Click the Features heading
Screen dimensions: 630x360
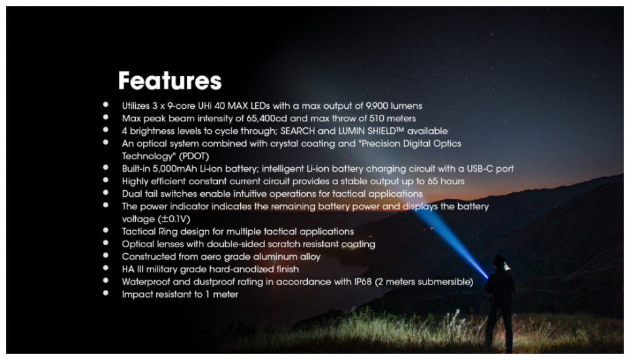169,81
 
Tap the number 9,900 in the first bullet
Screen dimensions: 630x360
377,106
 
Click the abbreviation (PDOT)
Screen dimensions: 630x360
194,156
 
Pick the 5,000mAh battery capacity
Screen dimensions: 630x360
175,169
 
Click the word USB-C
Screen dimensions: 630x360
480,169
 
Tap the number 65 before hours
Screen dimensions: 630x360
432,181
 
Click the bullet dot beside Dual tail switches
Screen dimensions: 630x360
106,193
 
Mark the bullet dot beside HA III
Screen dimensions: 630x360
106,268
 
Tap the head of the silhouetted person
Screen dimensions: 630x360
499,262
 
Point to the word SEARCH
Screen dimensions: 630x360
298,131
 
